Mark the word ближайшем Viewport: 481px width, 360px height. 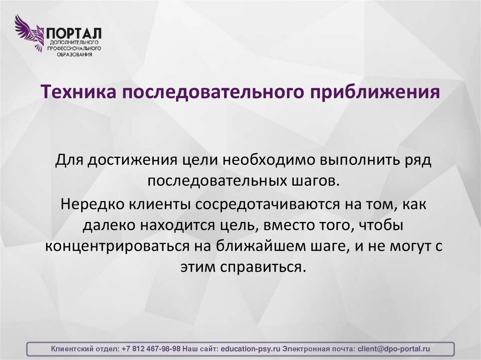pos(266,246)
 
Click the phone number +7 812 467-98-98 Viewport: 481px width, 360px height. pos(151,349)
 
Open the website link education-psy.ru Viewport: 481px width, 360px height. pos(250,349)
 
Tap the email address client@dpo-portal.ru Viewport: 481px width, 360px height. pos(394,349)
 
